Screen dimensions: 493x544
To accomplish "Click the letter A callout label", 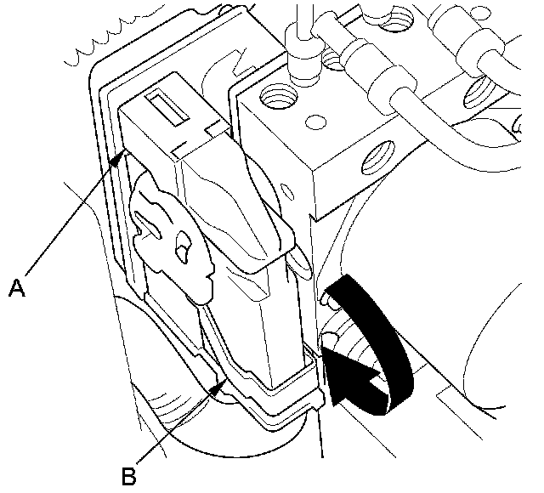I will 15,289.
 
